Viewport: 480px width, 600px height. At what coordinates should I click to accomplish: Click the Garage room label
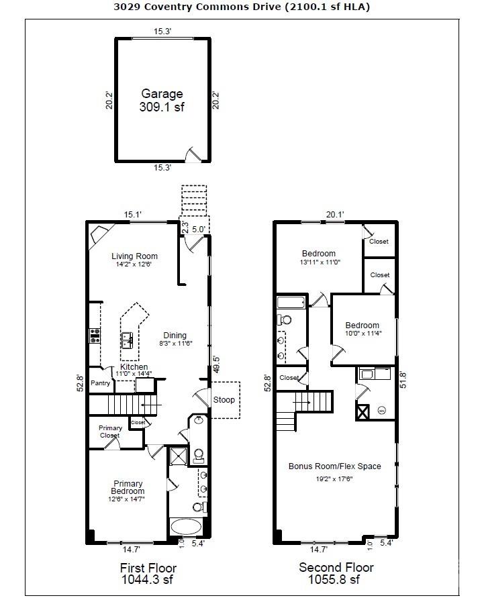tap(161, 94)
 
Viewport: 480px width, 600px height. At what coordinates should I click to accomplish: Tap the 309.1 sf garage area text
tap(161, 107)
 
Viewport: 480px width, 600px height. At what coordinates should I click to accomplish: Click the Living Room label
tap(134, 256)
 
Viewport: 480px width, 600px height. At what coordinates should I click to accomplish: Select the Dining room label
tap(175, 336)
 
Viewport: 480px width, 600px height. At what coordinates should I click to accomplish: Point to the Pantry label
tap(100, 383)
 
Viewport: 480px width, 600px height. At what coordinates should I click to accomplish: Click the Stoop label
tap(224, 400)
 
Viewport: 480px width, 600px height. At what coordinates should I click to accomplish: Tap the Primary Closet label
tap(110, 432)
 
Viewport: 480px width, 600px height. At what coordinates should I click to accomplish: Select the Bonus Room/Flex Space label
tap(334, 466)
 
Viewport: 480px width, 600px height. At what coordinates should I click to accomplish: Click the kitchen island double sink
tap(126, 342)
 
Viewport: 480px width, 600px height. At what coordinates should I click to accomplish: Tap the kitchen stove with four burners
tap(95, 336)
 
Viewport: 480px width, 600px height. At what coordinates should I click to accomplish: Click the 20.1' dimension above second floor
tap(335, 215)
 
